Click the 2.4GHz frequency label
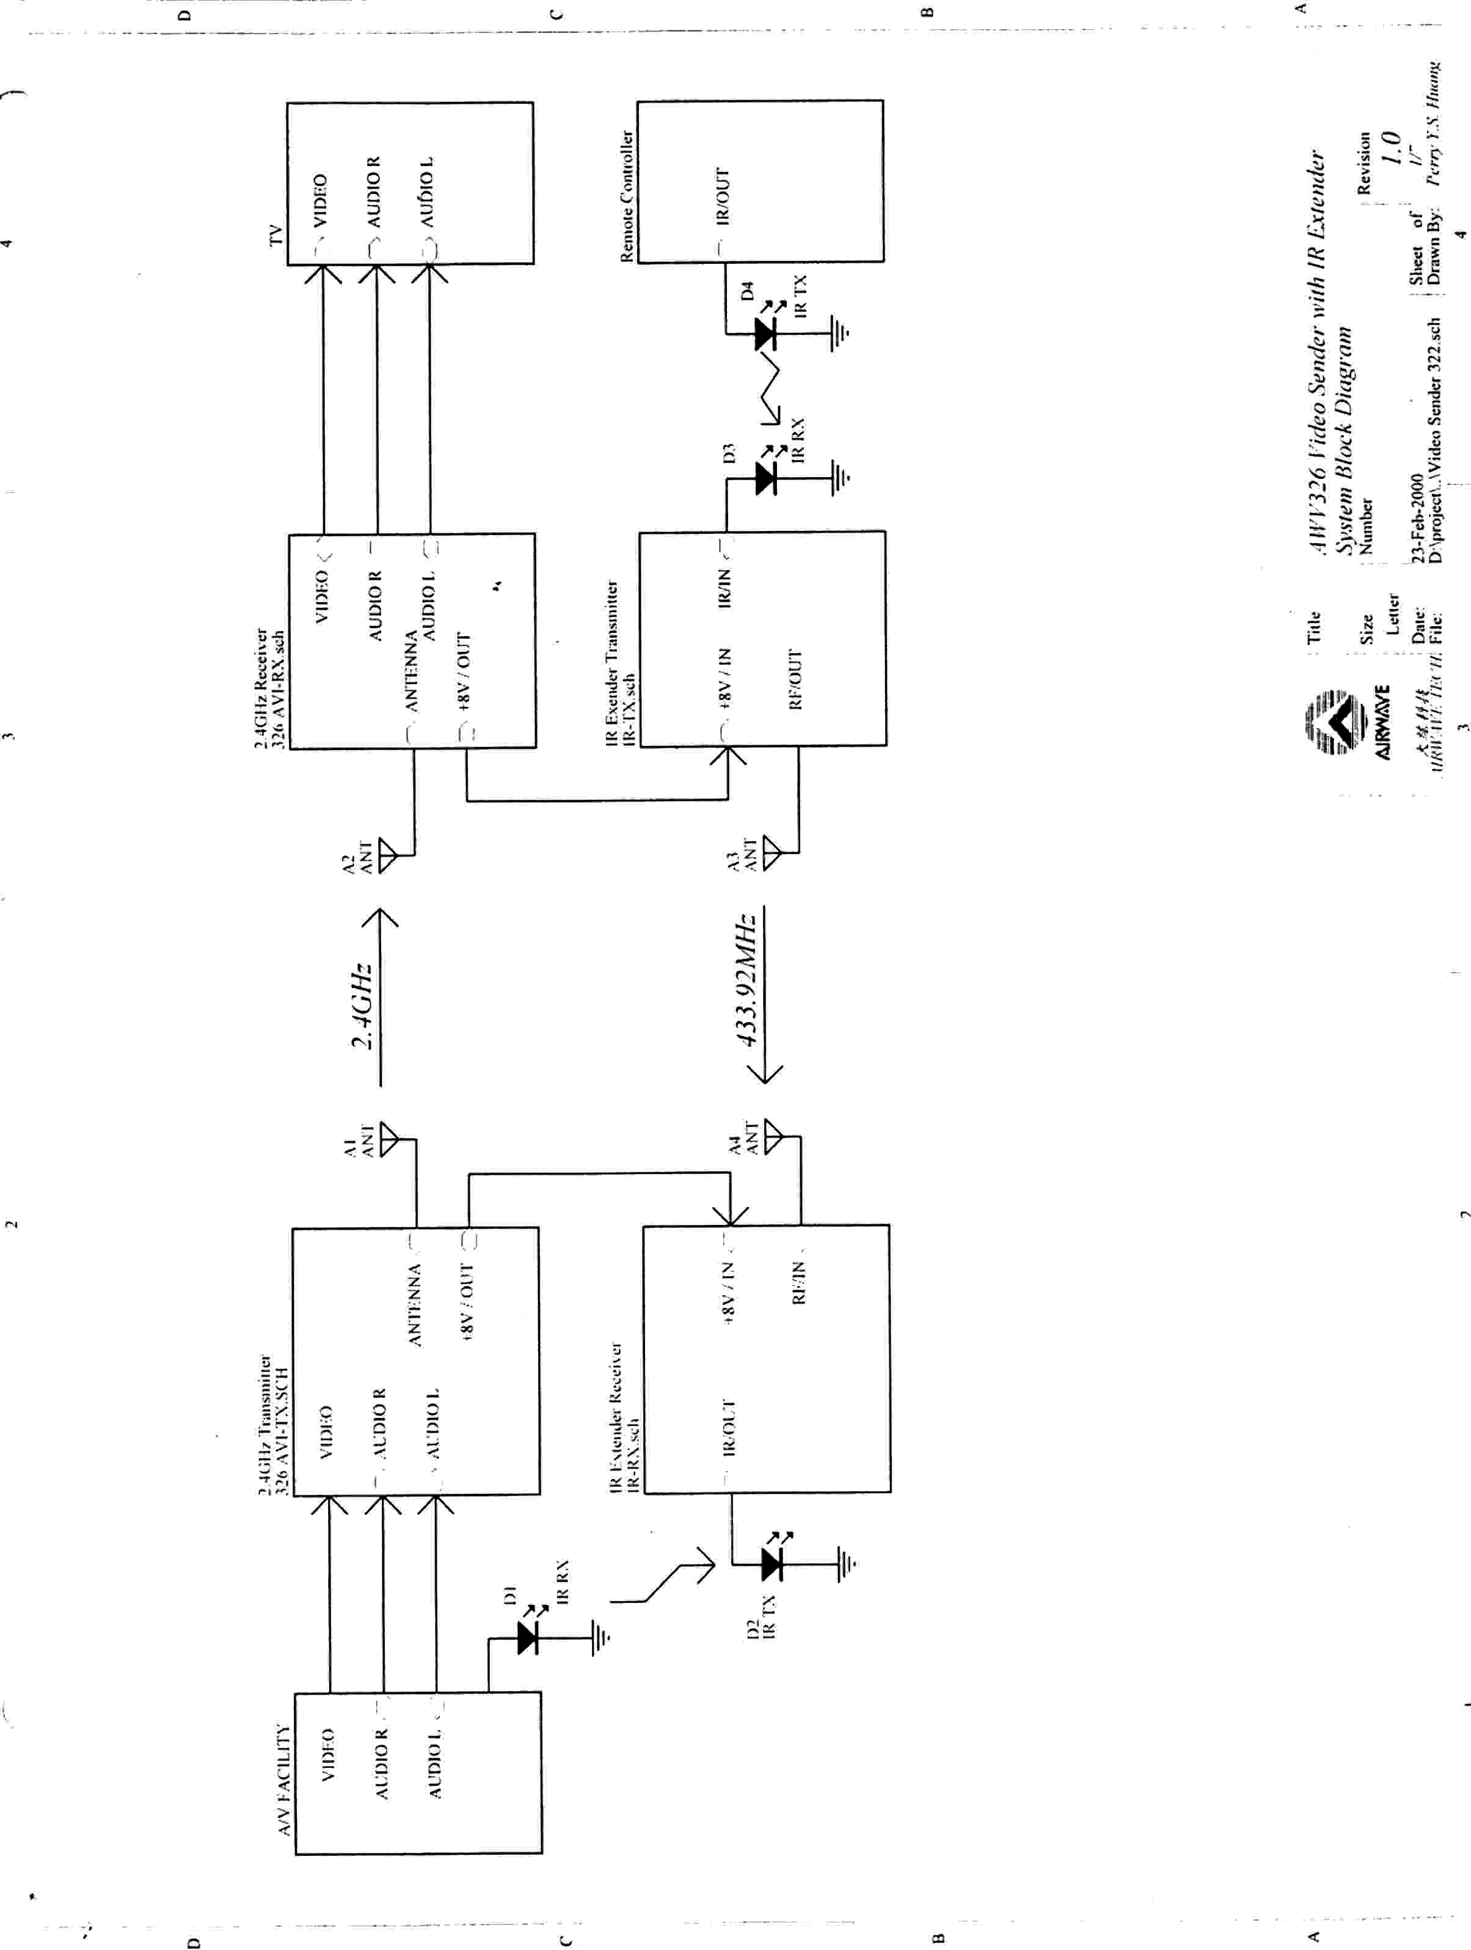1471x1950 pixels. coord(362,1005)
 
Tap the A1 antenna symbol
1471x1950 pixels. coord(389,1139)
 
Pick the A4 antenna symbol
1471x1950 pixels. coord(773,1136)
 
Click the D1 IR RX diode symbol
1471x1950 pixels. coord(528,1637)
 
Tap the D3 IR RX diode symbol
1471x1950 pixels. coord(766,479)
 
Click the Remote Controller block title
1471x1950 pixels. coord(627,195)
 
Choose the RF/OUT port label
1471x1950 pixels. coord(795,679)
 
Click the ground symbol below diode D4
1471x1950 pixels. coord(841,333)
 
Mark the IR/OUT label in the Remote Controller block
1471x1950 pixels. coord(723,195)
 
